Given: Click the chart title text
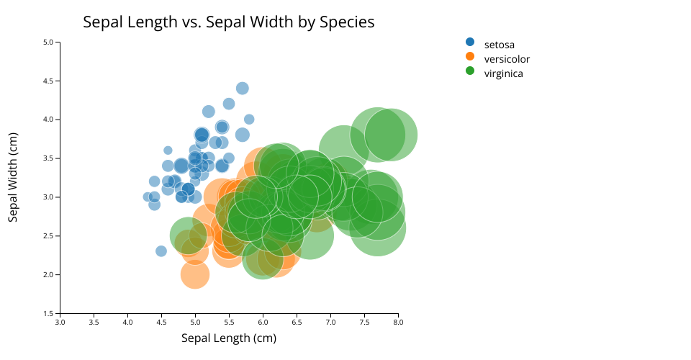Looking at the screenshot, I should point(228,22).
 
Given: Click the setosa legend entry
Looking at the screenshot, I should point(499,45).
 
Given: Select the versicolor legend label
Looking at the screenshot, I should point(507,59).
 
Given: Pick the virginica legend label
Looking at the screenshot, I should point(503,73).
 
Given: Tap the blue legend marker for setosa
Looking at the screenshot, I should point(470,42).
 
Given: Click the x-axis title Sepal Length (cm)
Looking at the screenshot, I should point(228,338).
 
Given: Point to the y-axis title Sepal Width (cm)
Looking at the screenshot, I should point(13,177).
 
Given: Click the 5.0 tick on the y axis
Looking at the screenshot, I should point(49,42).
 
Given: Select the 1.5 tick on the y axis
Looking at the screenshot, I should point(49,314).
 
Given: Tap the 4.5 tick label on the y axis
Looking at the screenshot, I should point(49,81).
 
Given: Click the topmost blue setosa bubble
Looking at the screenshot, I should point(243,88).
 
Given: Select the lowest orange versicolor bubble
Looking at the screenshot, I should point(194,274).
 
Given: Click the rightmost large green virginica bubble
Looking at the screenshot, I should point(391,135).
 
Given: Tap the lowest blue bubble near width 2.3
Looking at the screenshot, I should point(161,251).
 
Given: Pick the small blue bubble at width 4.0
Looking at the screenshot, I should point(249,120).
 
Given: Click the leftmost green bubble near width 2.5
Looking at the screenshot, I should point(187,235).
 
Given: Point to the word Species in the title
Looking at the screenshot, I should point(348,22).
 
